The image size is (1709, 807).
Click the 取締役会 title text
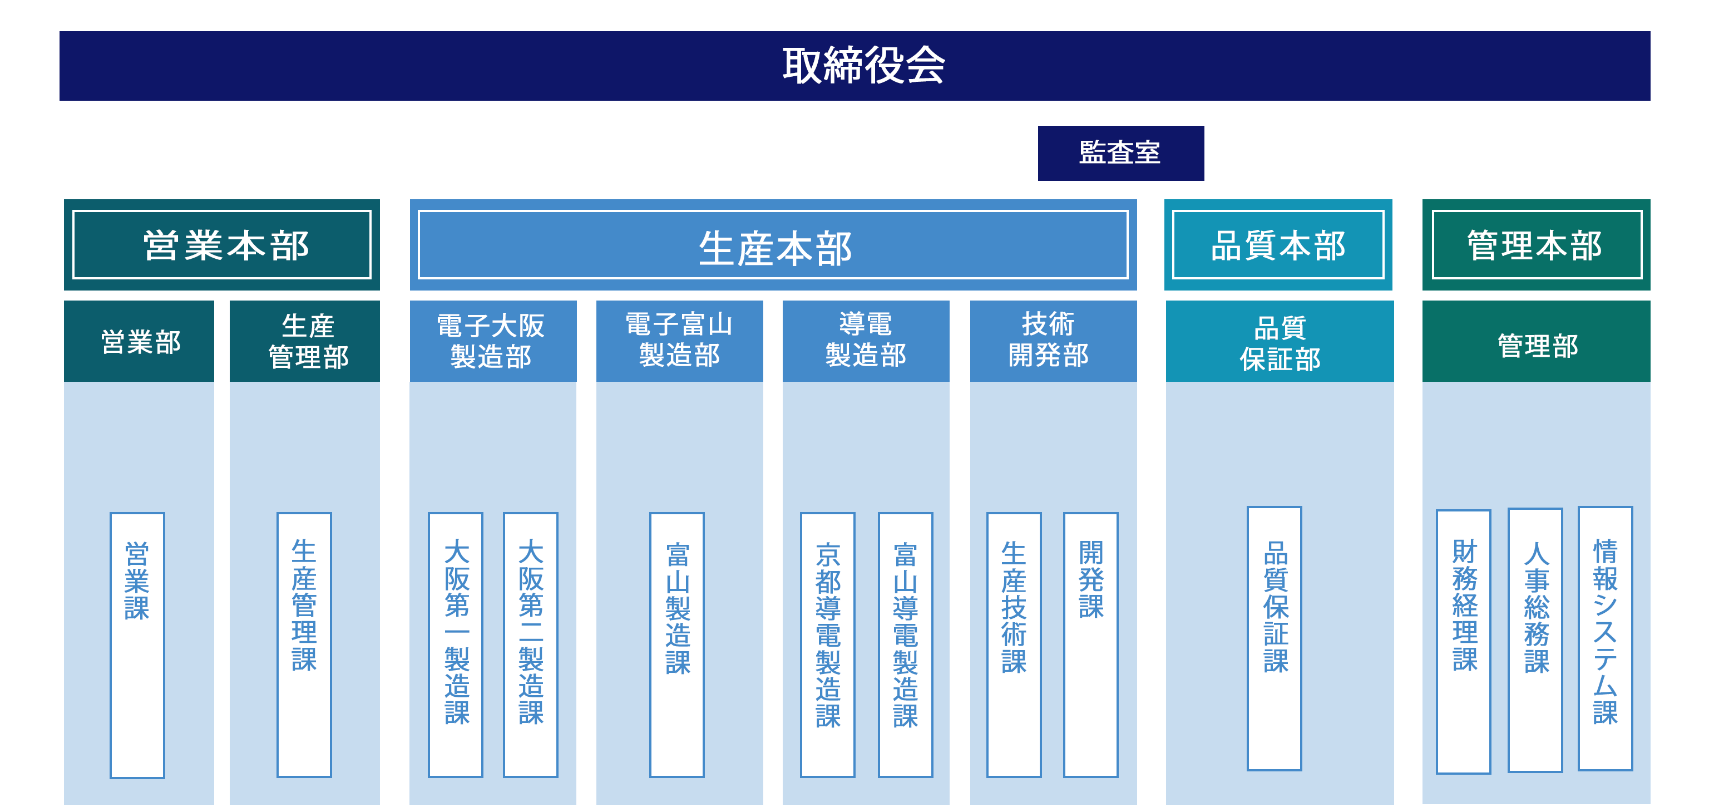[864, 66]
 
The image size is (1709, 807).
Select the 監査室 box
[1120, 152]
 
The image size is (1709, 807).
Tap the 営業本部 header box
[221, 245]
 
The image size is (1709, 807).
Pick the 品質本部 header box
[1278, 245]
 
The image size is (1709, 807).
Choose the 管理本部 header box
[1535, 245]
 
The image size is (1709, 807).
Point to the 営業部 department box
[139, 341]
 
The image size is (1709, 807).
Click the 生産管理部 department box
[305, 341]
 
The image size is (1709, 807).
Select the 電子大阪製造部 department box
[492, 341]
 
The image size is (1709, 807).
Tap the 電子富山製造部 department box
[679, 341]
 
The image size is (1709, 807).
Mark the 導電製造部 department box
[866, 341]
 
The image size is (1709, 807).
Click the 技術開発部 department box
[1053, 341]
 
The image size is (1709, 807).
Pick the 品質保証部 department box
[1280, 341]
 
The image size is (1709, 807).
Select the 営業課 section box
[137, 644]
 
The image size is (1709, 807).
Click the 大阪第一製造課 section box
[456, 644]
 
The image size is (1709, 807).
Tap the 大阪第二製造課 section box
[531, 644]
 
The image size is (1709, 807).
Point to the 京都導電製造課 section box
[827, 644]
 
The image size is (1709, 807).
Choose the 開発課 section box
[1091, 644]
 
